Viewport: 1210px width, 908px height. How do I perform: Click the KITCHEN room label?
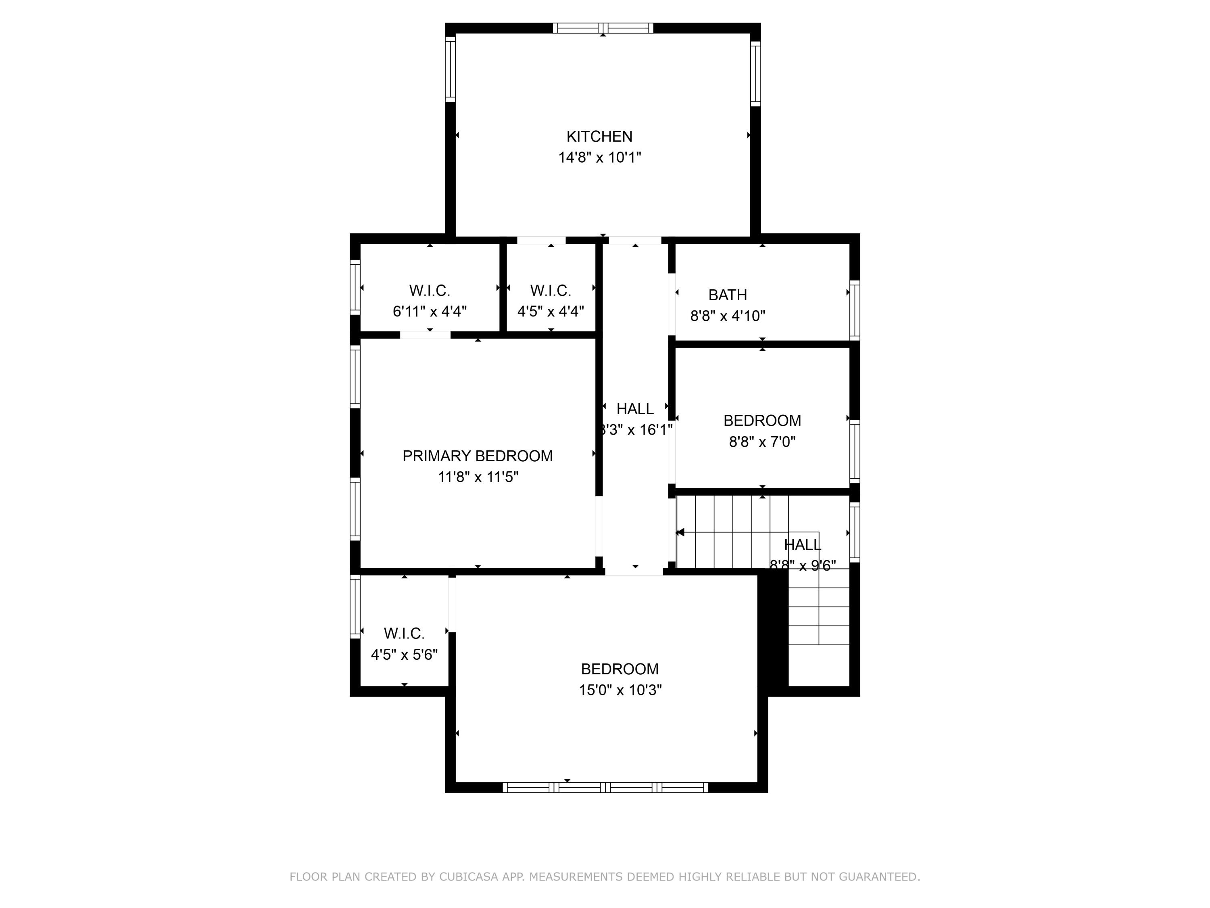[x=599, y=136]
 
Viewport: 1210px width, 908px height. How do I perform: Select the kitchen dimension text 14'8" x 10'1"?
[x=599, y=158]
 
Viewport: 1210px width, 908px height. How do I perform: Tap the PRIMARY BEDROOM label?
[x=477, y=456]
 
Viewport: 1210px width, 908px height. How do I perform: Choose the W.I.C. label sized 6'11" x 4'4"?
[x=430, y=290]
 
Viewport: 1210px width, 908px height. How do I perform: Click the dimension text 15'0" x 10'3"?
[x=620, y=690]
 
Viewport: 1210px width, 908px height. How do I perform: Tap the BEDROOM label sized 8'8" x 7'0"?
[x=761, y=421]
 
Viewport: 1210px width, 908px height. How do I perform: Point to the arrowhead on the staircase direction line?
[x=680, y=532]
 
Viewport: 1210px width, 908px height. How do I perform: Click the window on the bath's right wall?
[x=854, y=310]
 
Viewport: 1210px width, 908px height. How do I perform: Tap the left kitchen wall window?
[x=450, y=69]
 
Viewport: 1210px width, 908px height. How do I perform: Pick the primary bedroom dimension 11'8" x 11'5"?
[x=477, y=477]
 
